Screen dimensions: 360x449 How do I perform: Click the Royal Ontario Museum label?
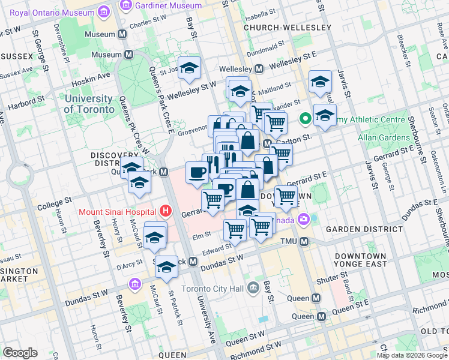pos(52,12)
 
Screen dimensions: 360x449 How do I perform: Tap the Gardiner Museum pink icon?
pos(126,5)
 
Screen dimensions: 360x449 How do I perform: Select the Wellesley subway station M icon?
pos(259,68)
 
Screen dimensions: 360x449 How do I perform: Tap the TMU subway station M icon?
pos(304,241)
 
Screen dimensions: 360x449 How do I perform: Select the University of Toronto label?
pos(89,104)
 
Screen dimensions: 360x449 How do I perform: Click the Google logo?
pos(20,352)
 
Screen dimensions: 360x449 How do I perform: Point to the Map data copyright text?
pos(412,355)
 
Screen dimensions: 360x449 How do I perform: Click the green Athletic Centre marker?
pos(305,119)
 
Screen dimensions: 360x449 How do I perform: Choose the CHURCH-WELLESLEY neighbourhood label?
pos(287,28)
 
